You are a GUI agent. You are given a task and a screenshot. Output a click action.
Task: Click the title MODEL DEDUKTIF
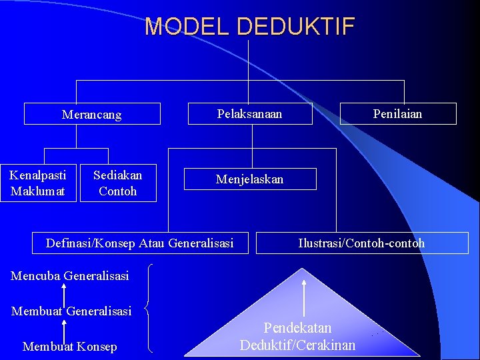tap(250, 27)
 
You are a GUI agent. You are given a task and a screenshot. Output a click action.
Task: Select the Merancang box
tap(92, 114)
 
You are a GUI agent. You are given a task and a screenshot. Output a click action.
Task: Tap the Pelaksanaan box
tap(250, 114)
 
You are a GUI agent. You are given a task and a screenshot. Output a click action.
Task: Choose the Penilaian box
tap(398, 114)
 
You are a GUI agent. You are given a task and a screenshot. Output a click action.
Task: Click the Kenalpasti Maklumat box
tap(38, 183)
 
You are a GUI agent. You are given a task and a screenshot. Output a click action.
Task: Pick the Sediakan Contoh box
tap(118, 183)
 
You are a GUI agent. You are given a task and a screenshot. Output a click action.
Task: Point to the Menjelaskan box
tap(250, 179)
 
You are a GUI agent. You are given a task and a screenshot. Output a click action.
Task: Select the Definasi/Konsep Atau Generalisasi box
tap(140, 243)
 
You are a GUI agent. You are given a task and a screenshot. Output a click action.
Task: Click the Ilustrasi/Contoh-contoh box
tap(361, 243)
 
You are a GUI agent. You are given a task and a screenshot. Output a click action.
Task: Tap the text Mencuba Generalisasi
tap(70, 275)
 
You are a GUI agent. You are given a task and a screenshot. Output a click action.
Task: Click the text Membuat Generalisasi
tap(71, 311)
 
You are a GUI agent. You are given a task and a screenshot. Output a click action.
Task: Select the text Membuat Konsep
tap(69, 347)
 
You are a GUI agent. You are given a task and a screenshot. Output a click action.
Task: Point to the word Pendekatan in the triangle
tap(297, 328)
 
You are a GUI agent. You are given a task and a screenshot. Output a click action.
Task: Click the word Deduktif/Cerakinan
tap(297, 345)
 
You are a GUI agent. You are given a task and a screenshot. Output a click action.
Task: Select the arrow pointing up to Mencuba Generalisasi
tap(64, 293)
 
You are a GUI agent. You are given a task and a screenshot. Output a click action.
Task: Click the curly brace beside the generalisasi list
tap(151, 308)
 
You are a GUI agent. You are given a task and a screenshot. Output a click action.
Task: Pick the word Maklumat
tap(38, 191)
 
